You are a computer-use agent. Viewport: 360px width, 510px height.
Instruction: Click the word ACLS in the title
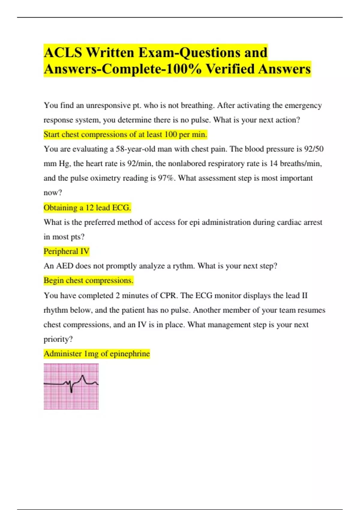63,52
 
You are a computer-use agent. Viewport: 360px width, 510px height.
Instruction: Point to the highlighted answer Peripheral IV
66,251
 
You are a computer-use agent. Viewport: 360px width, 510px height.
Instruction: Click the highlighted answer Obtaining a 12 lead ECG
87,208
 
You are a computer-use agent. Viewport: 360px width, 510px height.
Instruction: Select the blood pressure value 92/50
313,149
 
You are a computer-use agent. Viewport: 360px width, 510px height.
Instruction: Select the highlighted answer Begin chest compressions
88,280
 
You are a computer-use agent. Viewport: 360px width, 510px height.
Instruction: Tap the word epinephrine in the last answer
130,354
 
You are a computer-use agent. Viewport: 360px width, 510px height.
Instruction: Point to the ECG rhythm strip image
71,386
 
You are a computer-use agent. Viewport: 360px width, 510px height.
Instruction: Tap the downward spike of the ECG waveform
71,391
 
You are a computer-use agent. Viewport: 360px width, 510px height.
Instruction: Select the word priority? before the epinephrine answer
58,339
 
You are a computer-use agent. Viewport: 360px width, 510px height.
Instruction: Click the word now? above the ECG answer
53,193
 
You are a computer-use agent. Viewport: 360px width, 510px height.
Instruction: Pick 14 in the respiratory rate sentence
273,163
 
